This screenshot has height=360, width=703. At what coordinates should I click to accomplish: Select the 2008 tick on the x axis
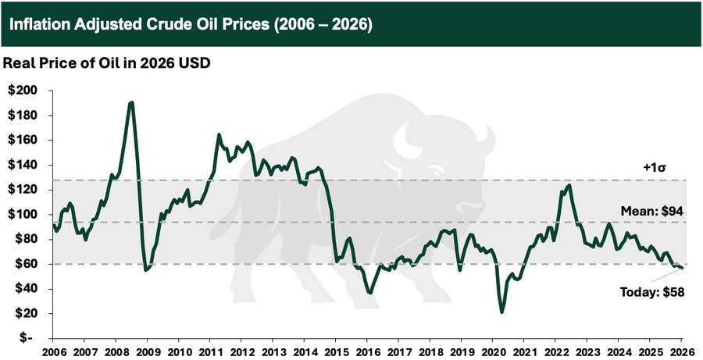click(116, 351)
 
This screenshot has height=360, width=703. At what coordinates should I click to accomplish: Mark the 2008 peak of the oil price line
click(131, 102)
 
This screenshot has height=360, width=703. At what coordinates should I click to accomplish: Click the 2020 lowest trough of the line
click(501, 312)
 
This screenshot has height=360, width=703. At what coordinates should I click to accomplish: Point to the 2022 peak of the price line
click(568, 185)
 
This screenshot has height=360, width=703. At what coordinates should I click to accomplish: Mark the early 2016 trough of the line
click(370, 292)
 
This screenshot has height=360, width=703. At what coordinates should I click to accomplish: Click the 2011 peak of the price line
click(219, 135)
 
